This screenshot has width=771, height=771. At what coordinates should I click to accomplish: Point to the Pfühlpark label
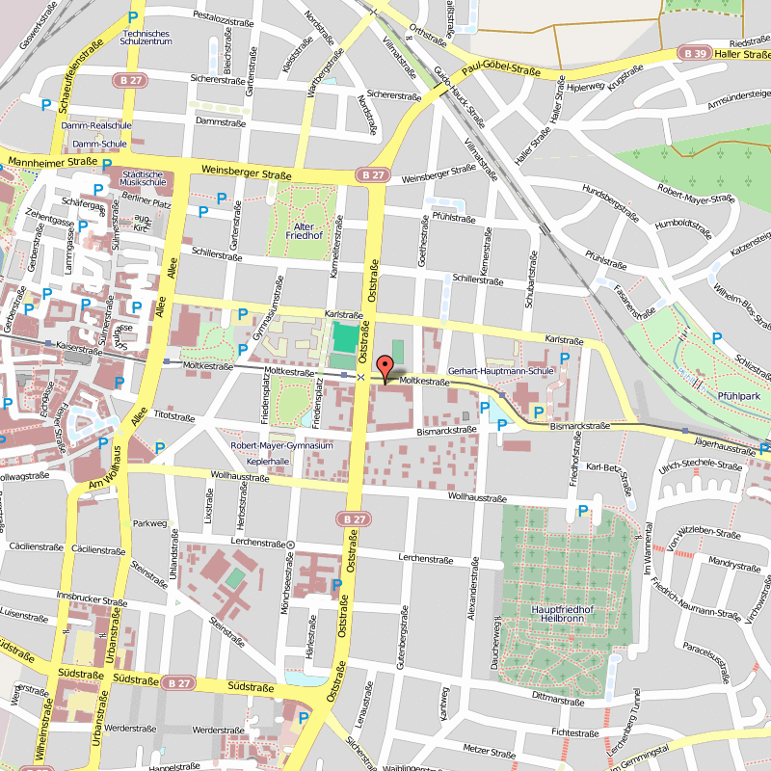(x=738, y=395)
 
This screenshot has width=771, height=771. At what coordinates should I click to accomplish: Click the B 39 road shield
(x=692, y=55)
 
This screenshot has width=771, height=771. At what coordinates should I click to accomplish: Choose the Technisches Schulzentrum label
(x=146, y=38)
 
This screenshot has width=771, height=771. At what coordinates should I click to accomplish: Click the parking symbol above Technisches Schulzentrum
(x=134, y=17)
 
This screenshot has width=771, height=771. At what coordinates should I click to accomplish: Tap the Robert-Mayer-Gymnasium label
(x=281, y=446)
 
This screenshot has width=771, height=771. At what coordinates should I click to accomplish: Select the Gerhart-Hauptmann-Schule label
(x=501, y=370)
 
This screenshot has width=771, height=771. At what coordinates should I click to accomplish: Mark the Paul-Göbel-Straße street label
(x=499, y=66)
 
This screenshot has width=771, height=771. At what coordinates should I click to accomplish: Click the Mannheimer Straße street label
(x=39, y=161)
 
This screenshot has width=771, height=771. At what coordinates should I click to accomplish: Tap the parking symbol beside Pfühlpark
(x=715, y=337)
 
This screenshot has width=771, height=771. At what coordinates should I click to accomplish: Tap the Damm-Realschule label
(x=95, y=125)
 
